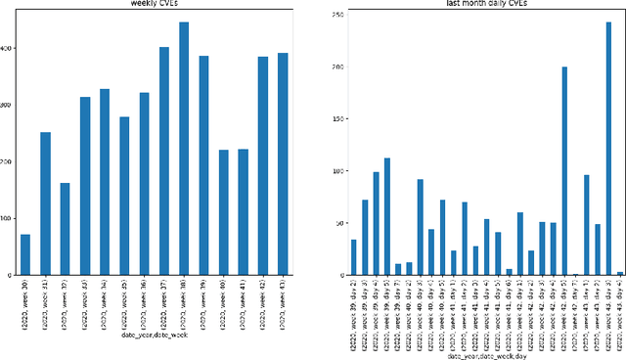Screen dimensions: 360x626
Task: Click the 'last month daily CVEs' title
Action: click(478, 4)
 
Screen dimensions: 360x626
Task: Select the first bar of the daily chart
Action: click(353, 257)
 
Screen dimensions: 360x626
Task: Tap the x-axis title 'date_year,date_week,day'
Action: click(479, 356)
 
